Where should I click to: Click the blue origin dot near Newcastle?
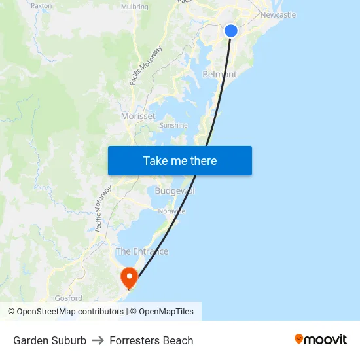click(x=231, y=31)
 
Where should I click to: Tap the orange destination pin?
click(x=129, y=278)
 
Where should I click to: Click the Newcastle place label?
click(x=278, y=15)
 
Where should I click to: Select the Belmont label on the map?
click(x=219, y=75)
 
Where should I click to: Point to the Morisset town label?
click(x=138, y=116)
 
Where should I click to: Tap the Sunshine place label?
click(x=173, y=125)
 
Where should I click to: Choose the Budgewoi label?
click(x=175, y=191)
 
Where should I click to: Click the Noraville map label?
click(x=171, y=211)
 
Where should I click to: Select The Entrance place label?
click(x=142, y=251)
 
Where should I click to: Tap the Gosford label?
click(x=68, y=298)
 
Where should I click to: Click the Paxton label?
click(x=41, y=5)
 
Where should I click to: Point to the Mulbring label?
click(x=134, y=7)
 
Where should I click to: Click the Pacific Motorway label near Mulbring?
click(x=146, y=65)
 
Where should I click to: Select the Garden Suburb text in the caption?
click(x=50, y=340)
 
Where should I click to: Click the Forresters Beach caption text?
click(x=151, y=340)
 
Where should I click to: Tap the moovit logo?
click(x=320, y=339)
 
